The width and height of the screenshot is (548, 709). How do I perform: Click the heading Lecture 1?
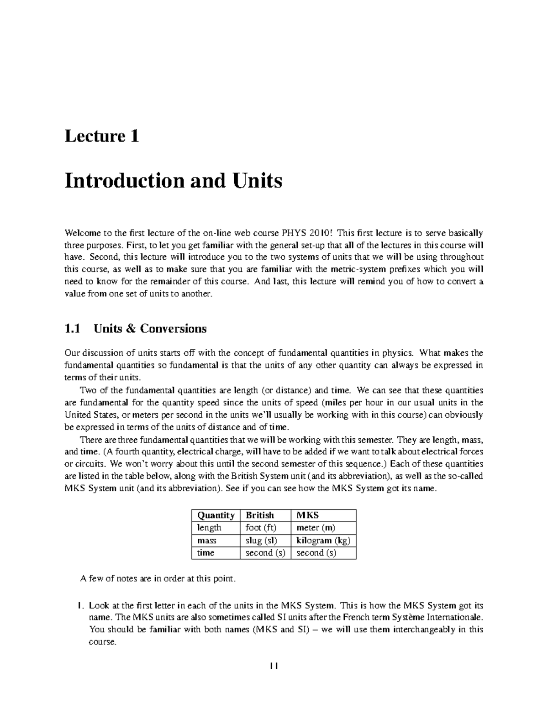(102, 137)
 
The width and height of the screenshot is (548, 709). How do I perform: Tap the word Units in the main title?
(258, 181)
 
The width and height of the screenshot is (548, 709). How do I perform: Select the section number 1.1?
(72, 329)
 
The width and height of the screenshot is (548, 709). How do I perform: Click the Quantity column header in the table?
(216, 515)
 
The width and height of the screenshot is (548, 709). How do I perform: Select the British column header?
(260, 515)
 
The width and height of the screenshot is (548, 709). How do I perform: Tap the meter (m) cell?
(316, 528)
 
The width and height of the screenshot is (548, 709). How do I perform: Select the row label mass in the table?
(207, 541)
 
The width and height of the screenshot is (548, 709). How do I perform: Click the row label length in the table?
(209, 528)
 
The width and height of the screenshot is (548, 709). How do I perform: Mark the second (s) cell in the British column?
(265, 553)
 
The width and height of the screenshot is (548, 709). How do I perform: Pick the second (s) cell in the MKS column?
(316, 553)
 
